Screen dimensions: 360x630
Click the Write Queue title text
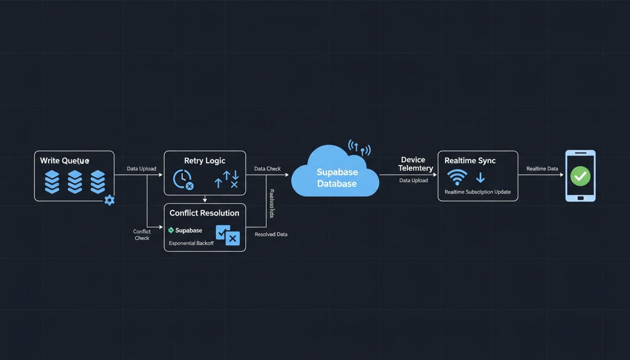(64, 161)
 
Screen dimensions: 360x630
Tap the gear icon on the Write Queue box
(109, 200)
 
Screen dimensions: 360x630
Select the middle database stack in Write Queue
(75, 181)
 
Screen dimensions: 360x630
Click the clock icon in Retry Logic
(182, 180)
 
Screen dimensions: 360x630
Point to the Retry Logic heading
(205, 161)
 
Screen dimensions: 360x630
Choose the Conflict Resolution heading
(204, 213)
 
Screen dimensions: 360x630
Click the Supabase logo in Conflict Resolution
(171, 230)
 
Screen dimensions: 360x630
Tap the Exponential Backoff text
(191, 243)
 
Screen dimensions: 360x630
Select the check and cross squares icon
(228, 235)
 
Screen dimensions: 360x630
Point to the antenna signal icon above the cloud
(359, 147)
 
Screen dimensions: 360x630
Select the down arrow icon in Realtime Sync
(480, 178)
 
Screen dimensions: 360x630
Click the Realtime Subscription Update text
(478, 192)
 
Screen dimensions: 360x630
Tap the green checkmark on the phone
(580, 176)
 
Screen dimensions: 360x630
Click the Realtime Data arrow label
(542, 169)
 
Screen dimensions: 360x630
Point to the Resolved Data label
(271, 234)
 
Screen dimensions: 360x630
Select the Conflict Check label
(142, 235)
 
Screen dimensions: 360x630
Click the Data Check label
(267, 169)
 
